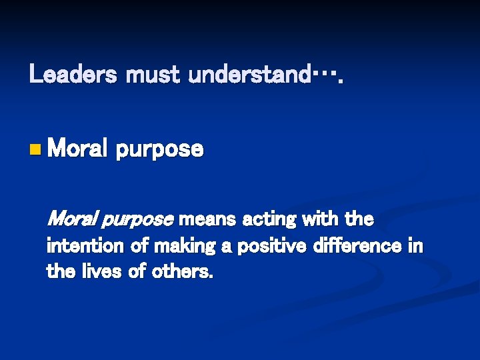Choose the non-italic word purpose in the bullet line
tap(159, 150)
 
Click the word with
tap(324, 219)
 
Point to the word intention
tap(85, 246)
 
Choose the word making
tap(185, 247)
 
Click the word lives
tap(103, 272)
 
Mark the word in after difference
tap(415, 246)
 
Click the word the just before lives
tap(60, 272)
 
